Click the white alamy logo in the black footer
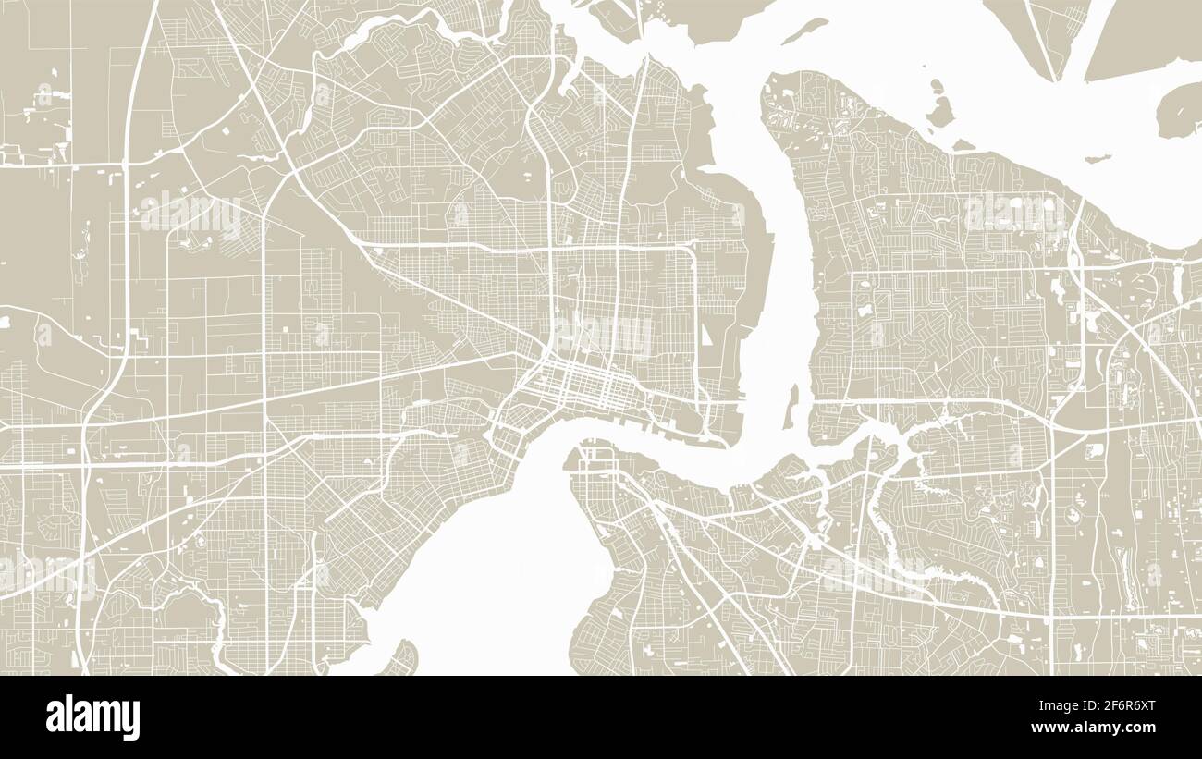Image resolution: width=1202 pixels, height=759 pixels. pos(92,717)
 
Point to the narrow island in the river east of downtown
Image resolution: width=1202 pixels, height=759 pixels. pos(791,407)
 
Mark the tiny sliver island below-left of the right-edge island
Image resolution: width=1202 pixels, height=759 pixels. pos(1098,159)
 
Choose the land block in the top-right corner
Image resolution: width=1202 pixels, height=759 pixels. pos(1147,32)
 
